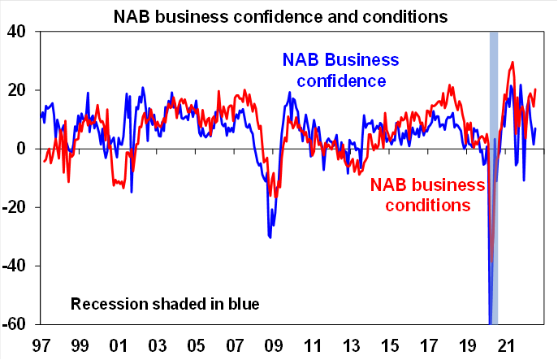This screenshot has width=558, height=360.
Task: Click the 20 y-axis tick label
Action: point(19,90)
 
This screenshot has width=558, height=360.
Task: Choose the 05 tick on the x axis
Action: point(195,344)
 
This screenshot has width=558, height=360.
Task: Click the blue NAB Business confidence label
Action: point(340,71)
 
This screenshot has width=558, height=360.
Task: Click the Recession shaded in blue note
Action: point(165,305)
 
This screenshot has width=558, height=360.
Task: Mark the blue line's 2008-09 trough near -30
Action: point(270,236)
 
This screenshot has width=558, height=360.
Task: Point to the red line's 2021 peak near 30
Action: point(512,63)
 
